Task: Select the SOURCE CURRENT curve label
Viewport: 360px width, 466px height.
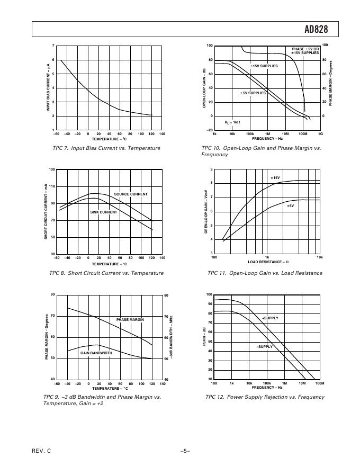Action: click(131, 194)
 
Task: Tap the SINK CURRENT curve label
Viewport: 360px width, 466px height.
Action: click(103, 212)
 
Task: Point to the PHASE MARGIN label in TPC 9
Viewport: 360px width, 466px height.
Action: click(130, 320)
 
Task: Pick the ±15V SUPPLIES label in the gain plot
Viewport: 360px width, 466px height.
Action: click(264, 66)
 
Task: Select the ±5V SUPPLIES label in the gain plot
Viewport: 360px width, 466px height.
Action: click(254, 93)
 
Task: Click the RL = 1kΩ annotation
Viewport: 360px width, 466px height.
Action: click(232, 122)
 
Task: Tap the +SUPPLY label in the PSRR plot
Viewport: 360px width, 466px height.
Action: click(270, 318)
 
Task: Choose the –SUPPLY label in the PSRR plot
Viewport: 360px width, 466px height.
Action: click(264, 346)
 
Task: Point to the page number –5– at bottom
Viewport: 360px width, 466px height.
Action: click(185, 451)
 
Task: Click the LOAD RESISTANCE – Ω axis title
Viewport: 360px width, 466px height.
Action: click(268, 262)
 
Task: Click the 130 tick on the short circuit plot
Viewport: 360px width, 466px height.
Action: click(51, 169)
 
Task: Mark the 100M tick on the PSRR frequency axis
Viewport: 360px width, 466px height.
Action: click(319, 383)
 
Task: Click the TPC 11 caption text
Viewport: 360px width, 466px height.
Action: click(265, 273)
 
